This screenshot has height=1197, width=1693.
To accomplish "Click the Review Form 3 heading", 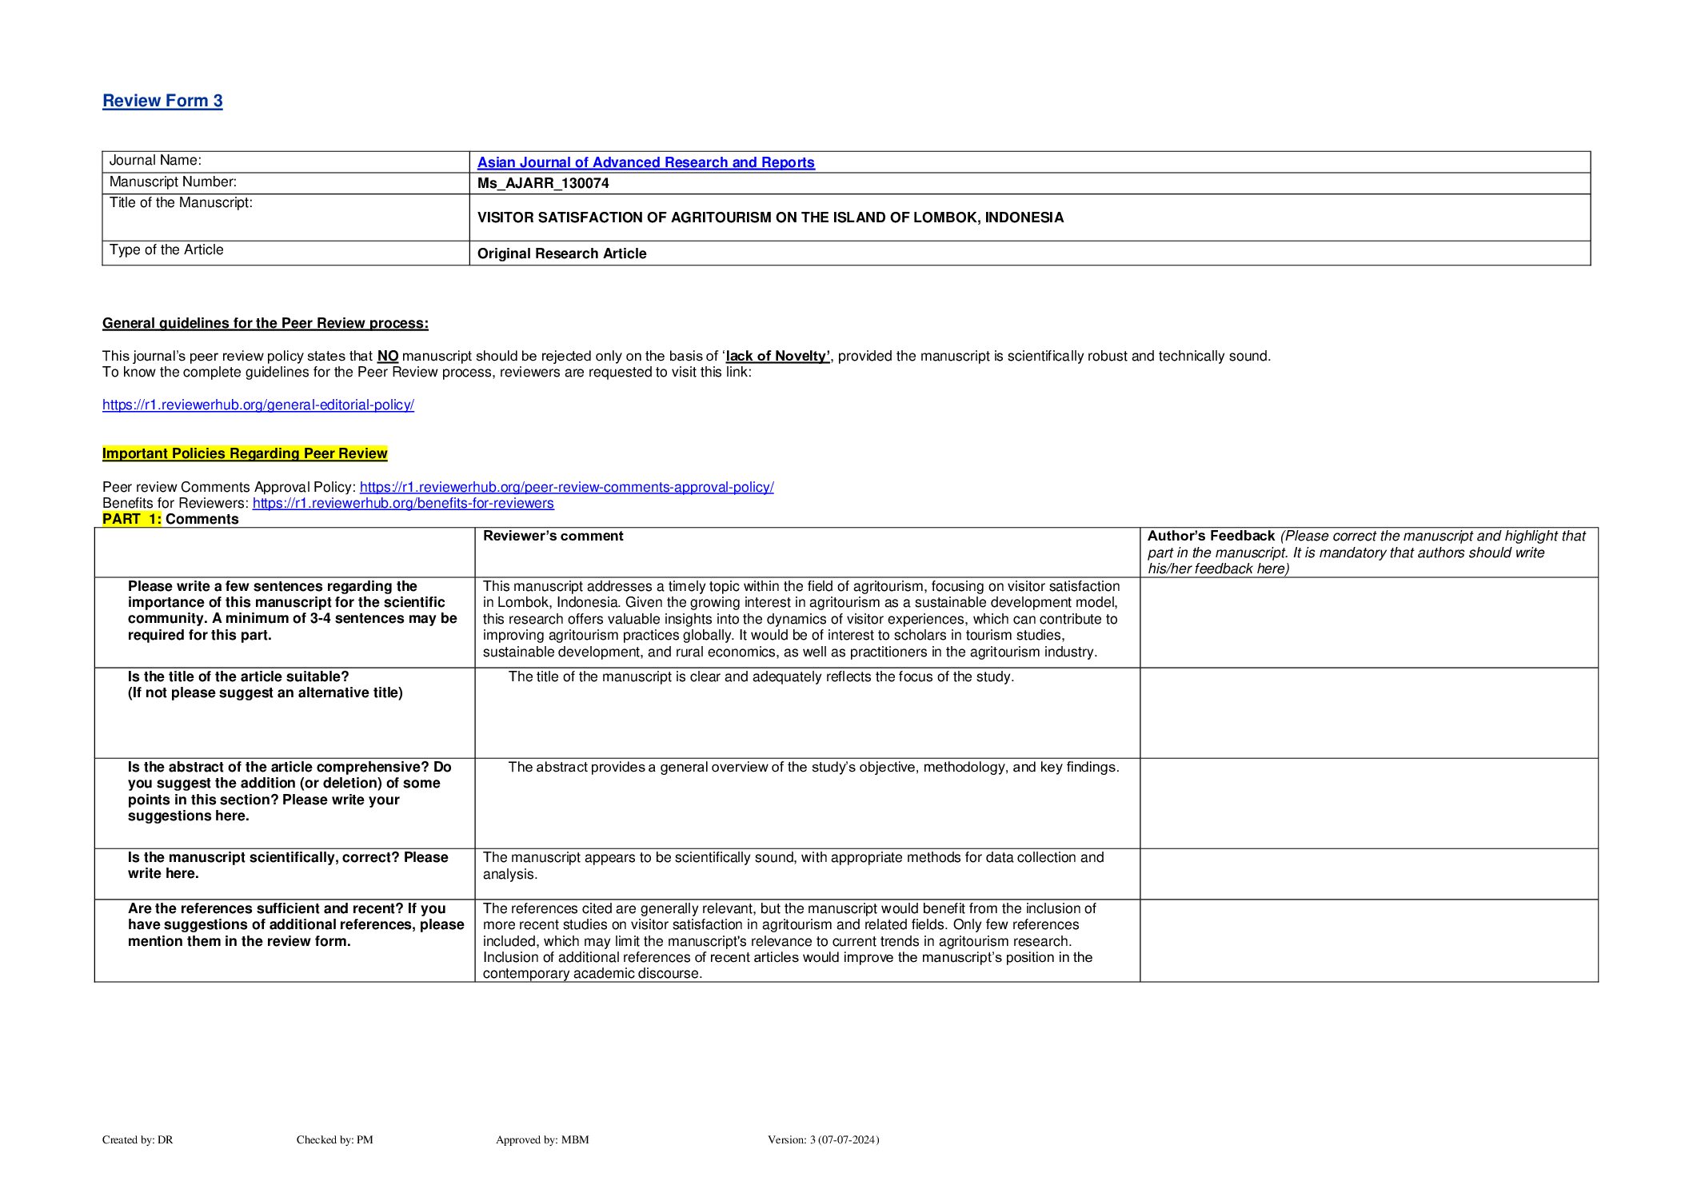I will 162,101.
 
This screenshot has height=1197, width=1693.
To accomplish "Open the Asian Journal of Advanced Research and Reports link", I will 645,162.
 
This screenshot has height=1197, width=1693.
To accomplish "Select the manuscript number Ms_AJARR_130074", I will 543,183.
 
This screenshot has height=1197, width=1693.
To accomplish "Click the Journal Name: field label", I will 155,161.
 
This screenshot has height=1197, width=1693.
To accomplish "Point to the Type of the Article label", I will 166,249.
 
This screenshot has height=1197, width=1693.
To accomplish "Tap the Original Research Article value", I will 561,253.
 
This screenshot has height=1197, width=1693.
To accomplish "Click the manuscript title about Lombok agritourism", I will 770,217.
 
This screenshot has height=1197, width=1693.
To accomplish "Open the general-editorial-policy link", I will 258,405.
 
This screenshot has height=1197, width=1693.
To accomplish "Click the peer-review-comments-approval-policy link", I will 566,487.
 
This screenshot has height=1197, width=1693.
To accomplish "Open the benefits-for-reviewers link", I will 403,503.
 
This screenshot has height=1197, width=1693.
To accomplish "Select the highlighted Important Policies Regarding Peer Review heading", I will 245,453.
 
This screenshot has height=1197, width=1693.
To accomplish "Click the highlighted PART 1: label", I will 132,519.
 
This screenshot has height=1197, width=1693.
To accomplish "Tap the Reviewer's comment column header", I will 553,536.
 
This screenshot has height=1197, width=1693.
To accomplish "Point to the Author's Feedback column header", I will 1211,536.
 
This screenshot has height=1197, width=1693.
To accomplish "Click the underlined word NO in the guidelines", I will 387,356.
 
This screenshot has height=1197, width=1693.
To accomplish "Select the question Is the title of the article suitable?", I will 238,676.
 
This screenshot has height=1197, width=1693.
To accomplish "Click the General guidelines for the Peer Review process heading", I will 266,323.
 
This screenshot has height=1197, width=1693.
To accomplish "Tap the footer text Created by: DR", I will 138,1139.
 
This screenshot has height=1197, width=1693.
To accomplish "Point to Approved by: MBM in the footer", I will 542,1139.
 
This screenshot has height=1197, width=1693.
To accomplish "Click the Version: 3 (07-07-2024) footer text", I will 823,1139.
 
